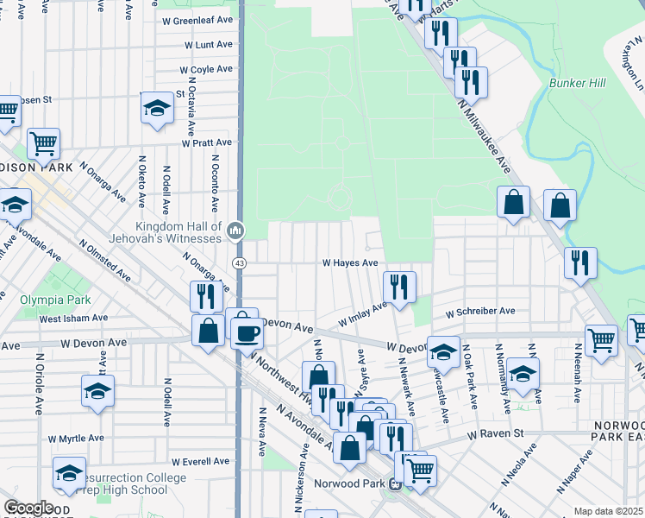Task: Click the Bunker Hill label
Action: pos(577,83)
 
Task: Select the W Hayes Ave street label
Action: pos(350,262)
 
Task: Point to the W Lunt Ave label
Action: pos(208,44)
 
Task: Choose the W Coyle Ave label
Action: pos(206,69)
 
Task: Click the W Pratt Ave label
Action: pos(206,142)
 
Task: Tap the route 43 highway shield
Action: pos(239,262)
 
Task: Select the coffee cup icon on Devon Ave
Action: pos(247,332)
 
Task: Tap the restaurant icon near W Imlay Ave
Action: pos(399,287)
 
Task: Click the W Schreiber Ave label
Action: pos(479,311)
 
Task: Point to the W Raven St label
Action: pos(496,433)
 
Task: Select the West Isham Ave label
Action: pos(72,319)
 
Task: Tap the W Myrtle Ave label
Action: pos(76,439)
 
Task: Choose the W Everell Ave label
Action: pos(202,463)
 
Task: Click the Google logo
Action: pos(28,508)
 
